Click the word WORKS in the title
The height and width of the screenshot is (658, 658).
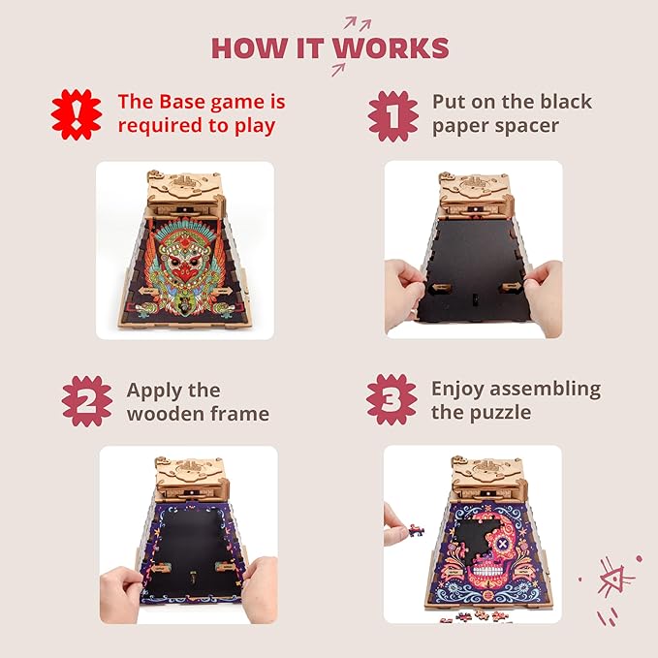point(392,47)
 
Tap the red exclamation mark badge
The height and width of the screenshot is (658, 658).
point(77,114)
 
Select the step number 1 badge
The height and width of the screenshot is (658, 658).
point(393,116)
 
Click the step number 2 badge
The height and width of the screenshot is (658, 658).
point(87,401)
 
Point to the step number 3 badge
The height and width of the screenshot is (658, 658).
point(392,399)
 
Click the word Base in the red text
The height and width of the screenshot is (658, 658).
point(183,102)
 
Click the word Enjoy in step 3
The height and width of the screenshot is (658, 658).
point(457,390)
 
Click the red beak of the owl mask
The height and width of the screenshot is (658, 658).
point(184,273)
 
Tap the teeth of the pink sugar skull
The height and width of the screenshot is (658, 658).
point(488,570)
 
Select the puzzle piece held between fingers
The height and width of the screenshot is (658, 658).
point(416,530)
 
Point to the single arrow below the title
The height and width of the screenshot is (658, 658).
point(338,69)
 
